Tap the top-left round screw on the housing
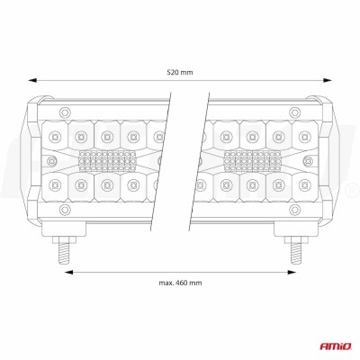[x=62, y=111]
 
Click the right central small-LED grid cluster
[x=252, y=162]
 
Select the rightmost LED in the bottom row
[x=306, y=187]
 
